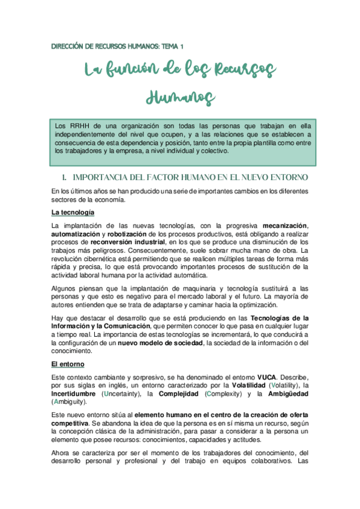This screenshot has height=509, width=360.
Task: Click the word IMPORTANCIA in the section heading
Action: (x=104, y=178)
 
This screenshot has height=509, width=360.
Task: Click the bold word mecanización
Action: (x=284, y=225)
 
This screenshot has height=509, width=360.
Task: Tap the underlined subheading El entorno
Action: (x=68, y=364)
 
